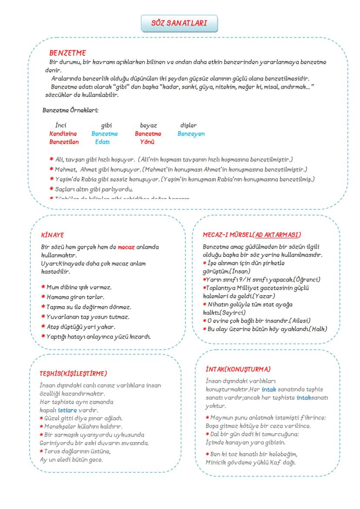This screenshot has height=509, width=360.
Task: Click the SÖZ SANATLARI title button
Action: point(179,23)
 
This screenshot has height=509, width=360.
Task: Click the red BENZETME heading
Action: point(67,53)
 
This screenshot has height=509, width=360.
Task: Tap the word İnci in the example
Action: point(61,126)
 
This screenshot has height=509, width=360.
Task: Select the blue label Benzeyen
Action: point(191,133)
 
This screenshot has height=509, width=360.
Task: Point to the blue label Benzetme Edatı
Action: point(104,137)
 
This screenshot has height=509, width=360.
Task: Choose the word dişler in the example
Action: point(188,126)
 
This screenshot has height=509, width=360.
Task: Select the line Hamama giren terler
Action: point(75,297)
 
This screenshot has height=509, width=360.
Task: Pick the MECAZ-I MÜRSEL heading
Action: point(252,235)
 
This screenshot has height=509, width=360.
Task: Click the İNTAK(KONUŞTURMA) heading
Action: point(238,369)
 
